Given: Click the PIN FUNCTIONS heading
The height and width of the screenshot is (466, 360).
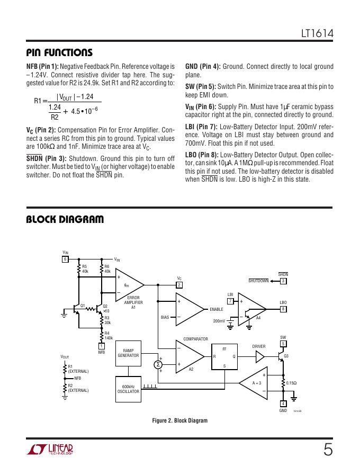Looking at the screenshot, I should coord(59,52).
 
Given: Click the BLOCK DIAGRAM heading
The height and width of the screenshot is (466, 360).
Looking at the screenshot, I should coord(65,219).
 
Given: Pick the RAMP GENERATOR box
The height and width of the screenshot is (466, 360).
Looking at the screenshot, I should coord(128,353).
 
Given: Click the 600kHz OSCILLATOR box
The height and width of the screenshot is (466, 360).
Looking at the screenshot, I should coord(128,389).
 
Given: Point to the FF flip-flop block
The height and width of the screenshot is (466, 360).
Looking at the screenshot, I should coord(224,357).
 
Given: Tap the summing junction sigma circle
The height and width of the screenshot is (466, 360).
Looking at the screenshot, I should coord(157,365).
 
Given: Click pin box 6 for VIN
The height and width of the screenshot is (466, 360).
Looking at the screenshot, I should coord(66,259).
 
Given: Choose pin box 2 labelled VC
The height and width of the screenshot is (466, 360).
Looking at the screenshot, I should coord(179,285).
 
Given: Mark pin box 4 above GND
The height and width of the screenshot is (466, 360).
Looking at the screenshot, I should coord(283,404).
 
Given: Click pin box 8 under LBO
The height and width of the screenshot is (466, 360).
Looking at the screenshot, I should coord(283,309).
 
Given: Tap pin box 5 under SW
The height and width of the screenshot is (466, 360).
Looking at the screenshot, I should coord(283,344).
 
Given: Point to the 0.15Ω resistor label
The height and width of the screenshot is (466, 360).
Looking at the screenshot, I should coord(291,383).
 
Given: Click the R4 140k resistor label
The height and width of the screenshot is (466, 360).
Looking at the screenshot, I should coord(108,335).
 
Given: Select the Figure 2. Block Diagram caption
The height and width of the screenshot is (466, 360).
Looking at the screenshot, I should coord(180,420).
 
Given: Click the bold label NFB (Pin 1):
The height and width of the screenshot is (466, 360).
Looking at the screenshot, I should coord(42,67).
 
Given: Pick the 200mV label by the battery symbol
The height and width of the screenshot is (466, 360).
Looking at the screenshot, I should coord(219,321).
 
